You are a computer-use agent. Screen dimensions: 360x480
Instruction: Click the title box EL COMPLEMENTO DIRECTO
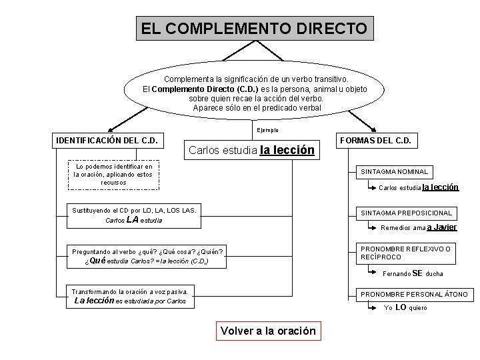tap(253, 29)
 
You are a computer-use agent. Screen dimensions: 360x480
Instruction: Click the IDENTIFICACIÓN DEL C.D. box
tap(107, 140)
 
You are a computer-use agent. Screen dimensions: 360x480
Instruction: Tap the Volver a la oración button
tap(268, 331)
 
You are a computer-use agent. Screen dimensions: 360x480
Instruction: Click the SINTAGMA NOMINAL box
tap(395, 171)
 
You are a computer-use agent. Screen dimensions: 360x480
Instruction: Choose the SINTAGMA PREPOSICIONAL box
tap(406, 213)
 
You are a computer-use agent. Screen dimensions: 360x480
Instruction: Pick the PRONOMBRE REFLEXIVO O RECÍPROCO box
tap(406, 253)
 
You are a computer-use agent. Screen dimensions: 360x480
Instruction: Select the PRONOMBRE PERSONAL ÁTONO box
tap(414, 294)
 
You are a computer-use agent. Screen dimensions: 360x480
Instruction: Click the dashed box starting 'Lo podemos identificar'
tap(113, 175)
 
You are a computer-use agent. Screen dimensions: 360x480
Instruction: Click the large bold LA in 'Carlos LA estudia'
tap(132, 219)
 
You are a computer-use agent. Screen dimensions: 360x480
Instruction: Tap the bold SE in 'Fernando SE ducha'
tap(418, 273)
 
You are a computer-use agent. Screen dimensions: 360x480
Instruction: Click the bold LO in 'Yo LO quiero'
tap(401, 307)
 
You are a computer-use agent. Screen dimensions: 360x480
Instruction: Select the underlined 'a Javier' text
tap(441, 227)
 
